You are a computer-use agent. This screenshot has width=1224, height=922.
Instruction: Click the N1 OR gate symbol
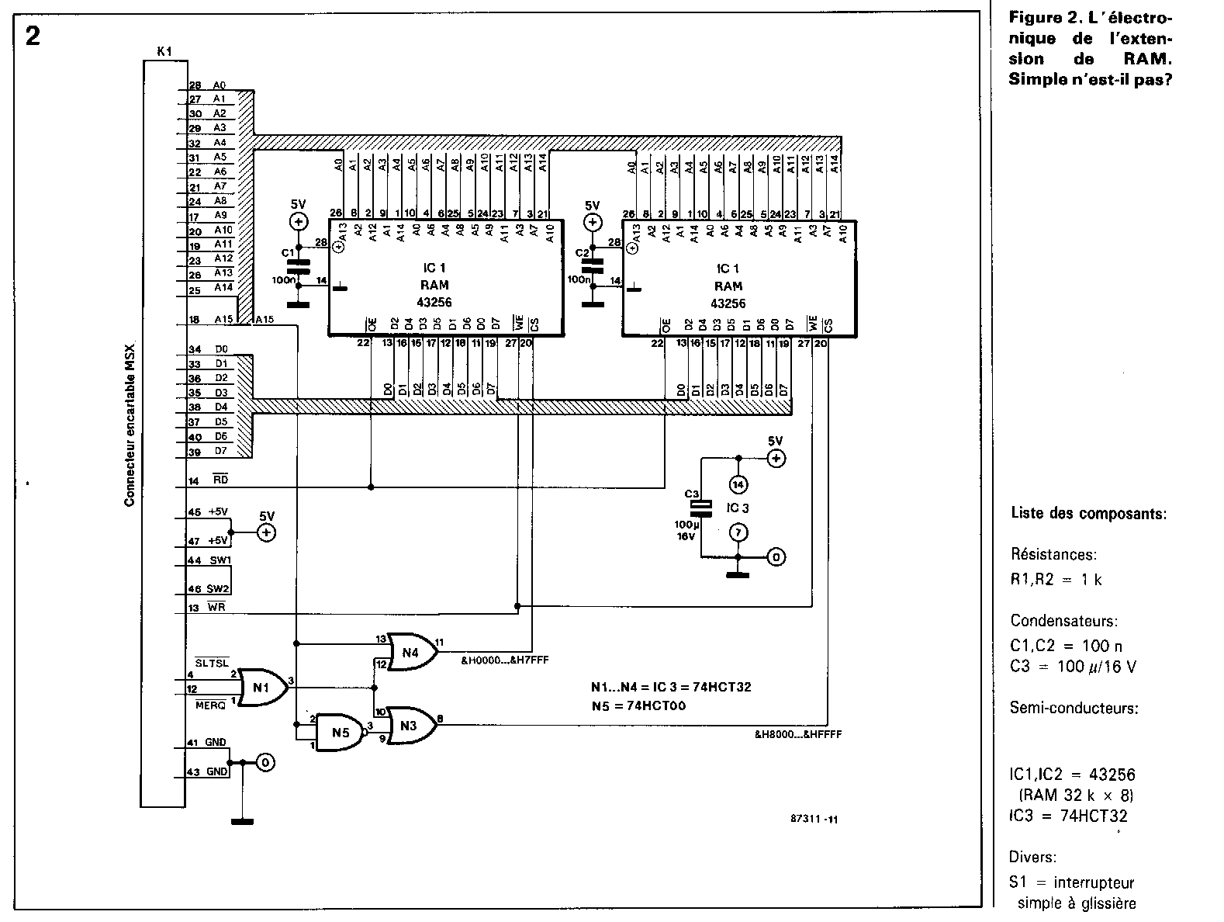point(262,686)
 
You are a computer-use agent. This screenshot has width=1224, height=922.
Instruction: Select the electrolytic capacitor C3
point(701,508)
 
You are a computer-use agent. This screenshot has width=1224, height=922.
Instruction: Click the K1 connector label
point(164,52)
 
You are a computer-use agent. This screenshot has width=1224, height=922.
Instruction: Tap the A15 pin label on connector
point(223,319)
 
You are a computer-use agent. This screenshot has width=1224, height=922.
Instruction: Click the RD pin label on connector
point(220,480)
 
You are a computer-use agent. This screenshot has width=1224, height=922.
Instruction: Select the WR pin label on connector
point(216,607)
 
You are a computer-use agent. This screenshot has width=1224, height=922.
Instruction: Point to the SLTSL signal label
point(211,663)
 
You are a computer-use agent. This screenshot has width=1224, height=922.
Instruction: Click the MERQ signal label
point(209,705)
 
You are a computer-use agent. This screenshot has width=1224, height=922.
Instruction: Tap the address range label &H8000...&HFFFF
point(798,733)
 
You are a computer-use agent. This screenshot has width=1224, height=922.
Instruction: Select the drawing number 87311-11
point(814,818)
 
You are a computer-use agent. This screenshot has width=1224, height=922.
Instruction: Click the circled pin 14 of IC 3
point(738,484)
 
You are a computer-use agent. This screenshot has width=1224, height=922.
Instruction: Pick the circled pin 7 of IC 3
point(738,532)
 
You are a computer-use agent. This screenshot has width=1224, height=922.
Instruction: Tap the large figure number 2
point(33,36)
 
